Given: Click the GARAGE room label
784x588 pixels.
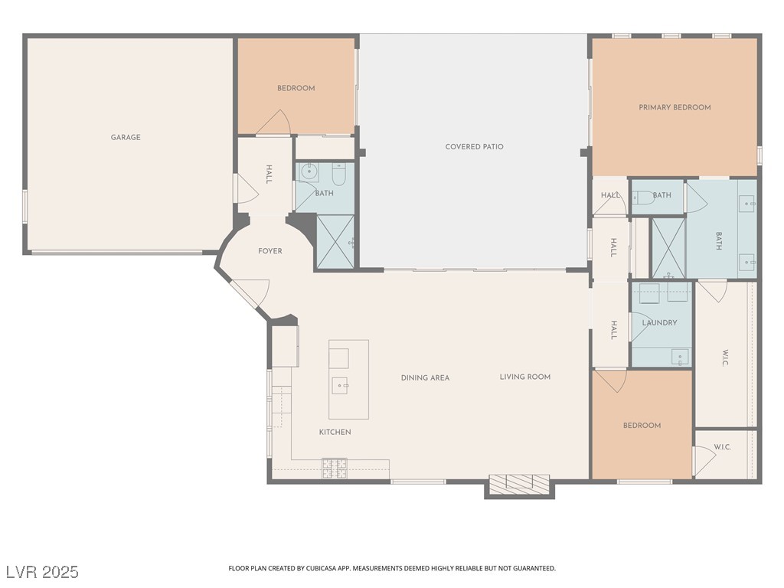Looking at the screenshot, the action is pyautogui.click(x=126, y=137).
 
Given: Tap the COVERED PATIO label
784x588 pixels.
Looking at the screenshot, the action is pyautogui.click(x=474, y=146).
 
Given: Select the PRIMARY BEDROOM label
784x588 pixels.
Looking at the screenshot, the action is pyautogui.click(x=675, y=107).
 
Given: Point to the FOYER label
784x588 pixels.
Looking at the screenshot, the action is pyautogui.click(x=270, y=251).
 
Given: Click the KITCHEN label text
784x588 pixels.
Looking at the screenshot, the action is pyautogui.click(x=335, y=432).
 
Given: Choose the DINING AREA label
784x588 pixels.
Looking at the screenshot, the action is pyautogui.click(x=425, y=377).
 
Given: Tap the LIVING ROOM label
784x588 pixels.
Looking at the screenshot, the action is pyautogui.click(x=525, y=377).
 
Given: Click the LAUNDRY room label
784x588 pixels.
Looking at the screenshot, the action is pyautogui.click(x=659, y=322).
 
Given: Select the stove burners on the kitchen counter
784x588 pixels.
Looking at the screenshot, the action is pyautogui.click(x=335, y=469).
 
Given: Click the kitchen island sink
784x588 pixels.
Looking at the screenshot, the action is pyautogui.click(x=341, y=386).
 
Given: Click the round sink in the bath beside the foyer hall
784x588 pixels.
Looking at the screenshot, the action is pyautogui.click(x=309, y=171).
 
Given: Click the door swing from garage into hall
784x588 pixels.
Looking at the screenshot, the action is pyautogui.click(x=246, y=188).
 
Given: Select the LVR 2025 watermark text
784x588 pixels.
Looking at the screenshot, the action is pyautogui.click(x=43, y=571).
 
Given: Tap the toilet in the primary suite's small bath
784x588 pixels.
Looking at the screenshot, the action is pyautogui.click(x=644, y=198).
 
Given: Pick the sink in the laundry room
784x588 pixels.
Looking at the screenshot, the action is pyautogui.click(x=680, y=357).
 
